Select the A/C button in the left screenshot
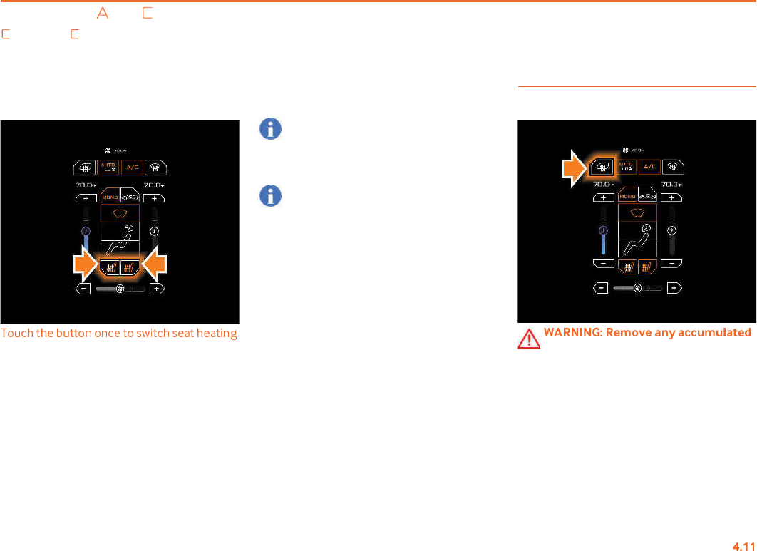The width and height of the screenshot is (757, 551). coord(131,168)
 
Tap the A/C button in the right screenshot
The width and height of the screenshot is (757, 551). coord(648,167)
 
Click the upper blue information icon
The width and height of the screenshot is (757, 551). coord(270,129)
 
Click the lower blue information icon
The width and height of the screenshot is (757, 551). coord(270,196)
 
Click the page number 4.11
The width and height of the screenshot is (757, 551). coord(743,545)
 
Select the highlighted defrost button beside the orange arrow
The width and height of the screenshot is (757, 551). coord(602,168)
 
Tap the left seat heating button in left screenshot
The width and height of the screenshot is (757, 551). coord(110,268)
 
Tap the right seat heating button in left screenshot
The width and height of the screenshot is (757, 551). coord(130,268)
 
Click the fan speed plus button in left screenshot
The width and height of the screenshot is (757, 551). coord(157,289)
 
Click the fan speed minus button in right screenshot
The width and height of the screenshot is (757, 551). coord(601,288)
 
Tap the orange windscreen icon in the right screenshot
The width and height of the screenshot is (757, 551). coord(637,212)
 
